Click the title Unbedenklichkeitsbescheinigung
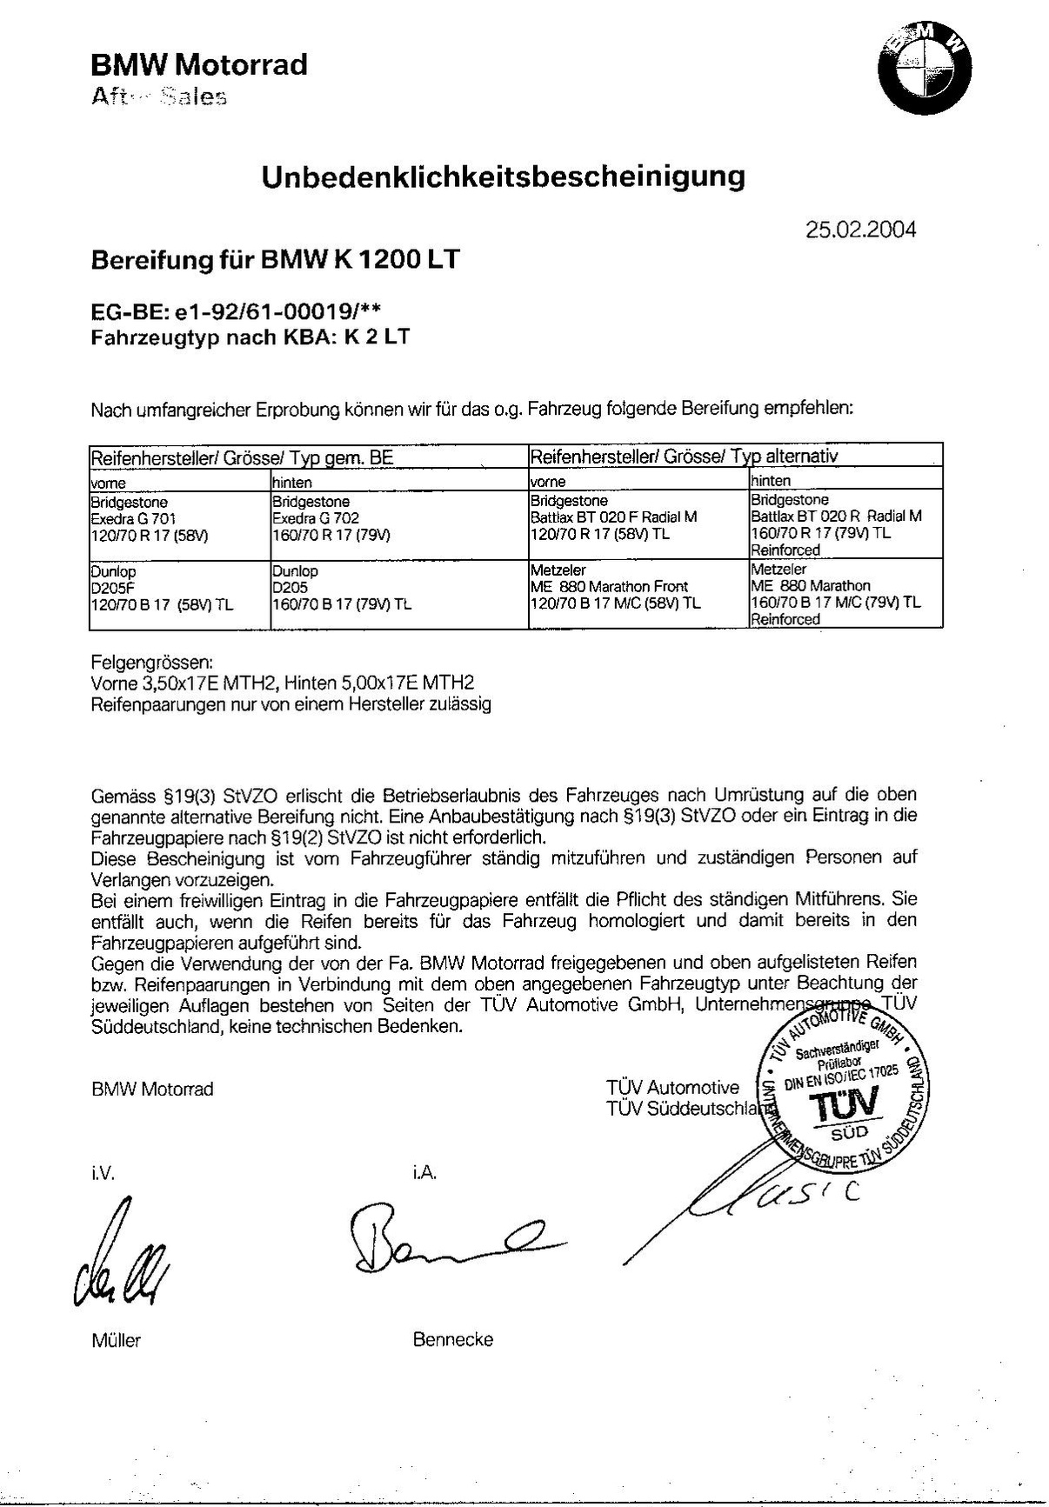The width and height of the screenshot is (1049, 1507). click(x=504, y=177)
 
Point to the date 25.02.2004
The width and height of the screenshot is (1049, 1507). click(x=860, y=230)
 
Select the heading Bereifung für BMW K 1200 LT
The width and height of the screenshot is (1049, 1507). click(x=275, y=259)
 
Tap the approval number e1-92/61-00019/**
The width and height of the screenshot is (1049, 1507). click(x=274, y=312)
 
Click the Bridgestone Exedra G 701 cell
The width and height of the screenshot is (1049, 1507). click(x=179, y=519)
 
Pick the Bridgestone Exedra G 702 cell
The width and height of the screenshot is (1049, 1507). click(x=398, y=519)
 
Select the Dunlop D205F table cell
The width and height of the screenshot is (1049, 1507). click(x=179, y=589)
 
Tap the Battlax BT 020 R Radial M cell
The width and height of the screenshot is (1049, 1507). click(x=845, y=525)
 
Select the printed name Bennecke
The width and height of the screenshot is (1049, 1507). click(x=452, y=1339)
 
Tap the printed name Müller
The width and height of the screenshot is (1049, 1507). click(x=116, y=1340)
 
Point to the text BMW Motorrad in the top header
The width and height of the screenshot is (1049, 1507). click(x=199, y=64)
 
